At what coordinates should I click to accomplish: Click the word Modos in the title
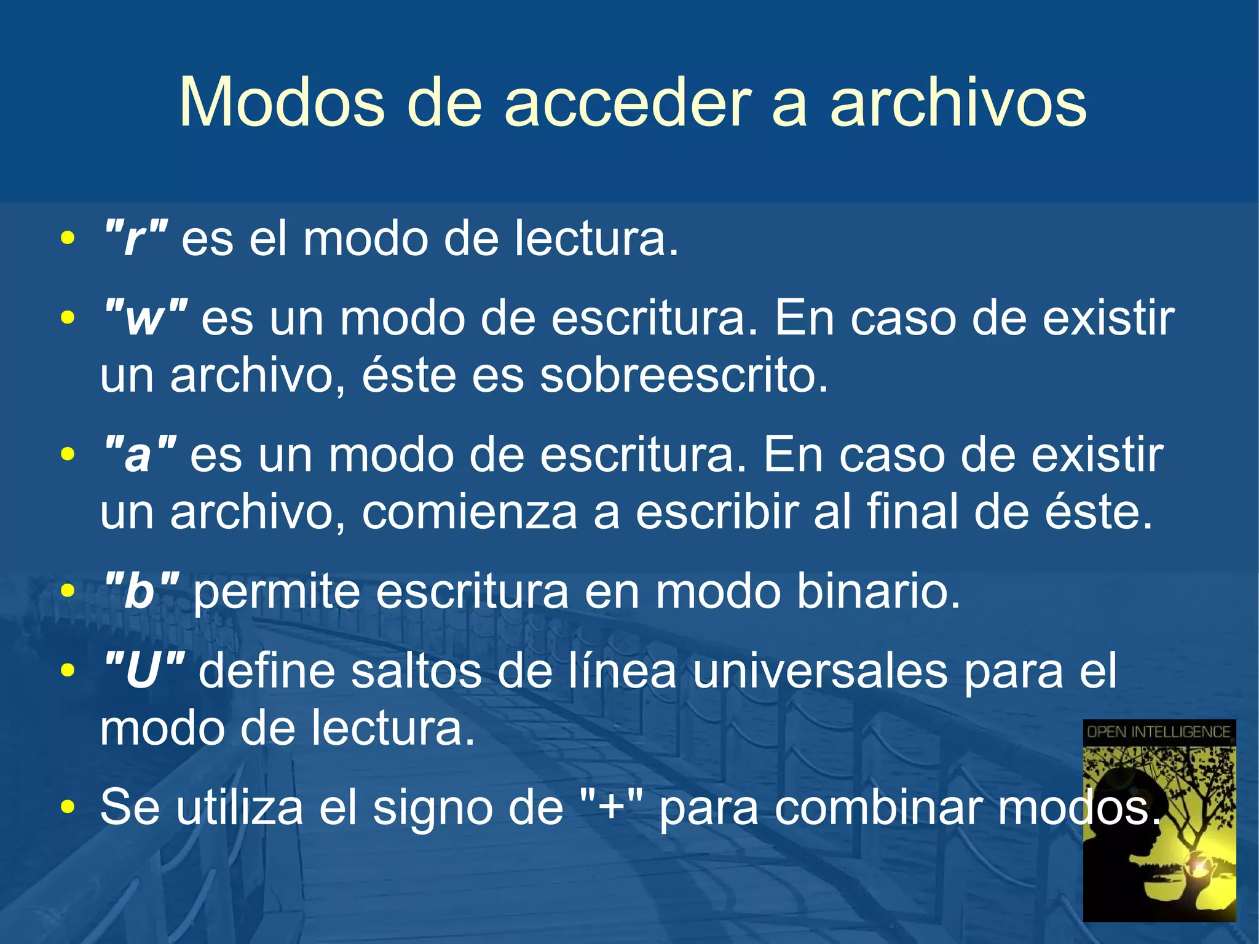(x=281, y=103)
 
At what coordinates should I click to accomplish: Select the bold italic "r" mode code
(x=136, y=239)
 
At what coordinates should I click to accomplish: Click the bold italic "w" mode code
(x=146, y=319)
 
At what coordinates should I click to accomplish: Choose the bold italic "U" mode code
(x=144, y=671)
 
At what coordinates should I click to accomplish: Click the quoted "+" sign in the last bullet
(x=611, y=807)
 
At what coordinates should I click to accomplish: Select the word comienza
(x=470, y=512)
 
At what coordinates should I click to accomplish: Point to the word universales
(x=820, y=671)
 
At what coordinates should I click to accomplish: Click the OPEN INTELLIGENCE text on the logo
(x=1159, y=732)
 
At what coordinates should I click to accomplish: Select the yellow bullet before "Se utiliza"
(x=68, y=806)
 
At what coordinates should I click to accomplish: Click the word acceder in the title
(x=628, y=103)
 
